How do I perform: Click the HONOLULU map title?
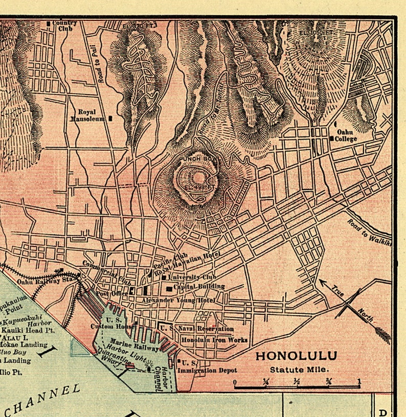296,356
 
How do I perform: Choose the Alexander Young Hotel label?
179,300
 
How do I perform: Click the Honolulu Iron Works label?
215,340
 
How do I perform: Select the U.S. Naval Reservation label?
197,329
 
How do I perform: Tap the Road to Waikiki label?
369,233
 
